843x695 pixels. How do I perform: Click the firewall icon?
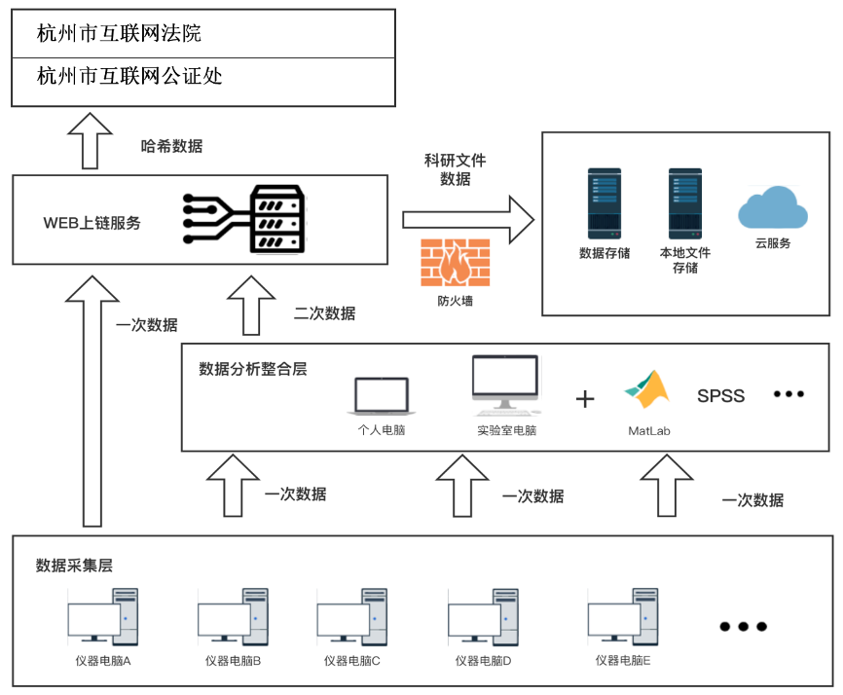456,262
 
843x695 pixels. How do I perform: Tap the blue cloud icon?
772,207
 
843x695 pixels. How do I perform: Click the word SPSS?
720,395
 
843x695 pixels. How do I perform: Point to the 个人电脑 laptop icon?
381,395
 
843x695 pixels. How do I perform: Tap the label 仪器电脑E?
622,661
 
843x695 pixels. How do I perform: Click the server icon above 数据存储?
604,204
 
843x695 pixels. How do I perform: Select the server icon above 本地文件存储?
684,204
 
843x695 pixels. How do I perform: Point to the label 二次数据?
324,313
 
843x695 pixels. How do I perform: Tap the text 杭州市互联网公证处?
129,76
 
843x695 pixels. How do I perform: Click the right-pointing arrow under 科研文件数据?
468,218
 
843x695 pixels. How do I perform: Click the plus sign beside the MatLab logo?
585,398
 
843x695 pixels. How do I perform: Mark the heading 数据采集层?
74,565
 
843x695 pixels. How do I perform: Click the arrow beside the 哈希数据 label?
96,139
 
